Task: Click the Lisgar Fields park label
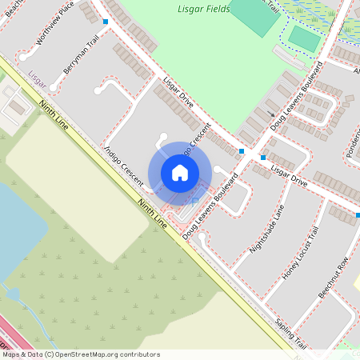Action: pyautogui.click(x=201, y=10)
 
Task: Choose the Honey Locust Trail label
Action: pyautogui.click(x=300, y=253)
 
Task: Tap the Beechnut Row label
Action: pyautogui.click(x=334, y=277)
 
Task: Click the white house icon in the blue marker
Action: pyautogui.click(x=180, y=173)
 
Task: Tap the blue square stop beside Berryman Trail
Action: pyautogui.click(x=106, y=22)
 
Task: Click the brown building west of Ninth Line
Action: pyautogui.click(x=14, y=106)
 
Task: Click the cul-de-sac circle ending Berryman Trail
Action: pyautogui.click(x=54, y=86)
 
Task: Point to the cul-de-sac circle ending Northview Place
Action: pyautogui.click(x=23, y=57)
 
